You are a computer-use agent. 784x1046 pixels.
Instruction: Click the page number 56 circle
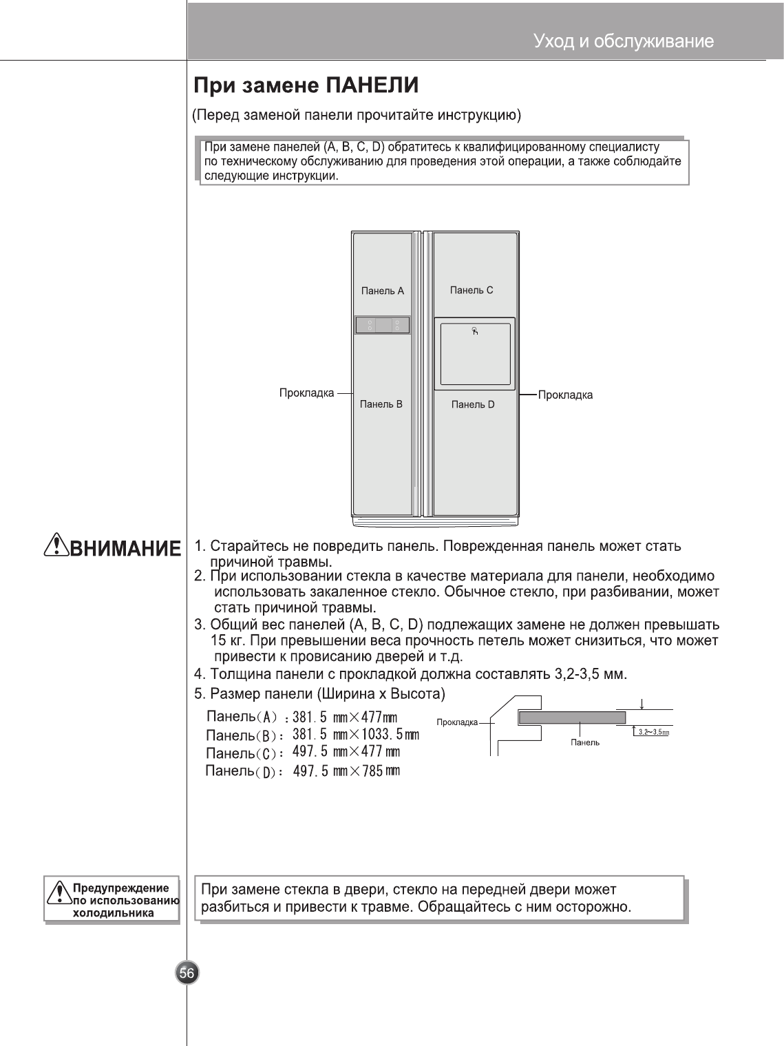[187, 972]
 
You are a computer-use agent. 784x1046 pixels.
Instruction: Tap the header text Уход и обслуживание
[623, 42]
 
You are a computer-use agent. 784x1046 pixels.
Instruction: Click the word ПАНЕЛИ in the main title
[372, 86]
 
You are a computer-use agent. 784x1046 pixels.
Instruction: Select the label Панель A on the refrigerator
[383, 291]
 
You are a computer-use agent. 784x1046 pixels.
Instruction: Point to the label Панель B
[381, 404]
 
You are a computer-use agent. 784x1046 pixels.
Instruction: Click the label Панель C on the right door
[472, 290]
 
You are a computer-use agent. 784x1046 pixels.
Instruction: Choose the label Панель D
[473, 404]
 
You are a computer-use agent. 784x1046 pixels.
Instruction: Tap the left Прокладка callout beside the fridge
[306, 393]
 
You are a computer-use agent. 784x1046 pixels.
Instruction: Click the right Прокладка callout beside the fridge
[565, 395]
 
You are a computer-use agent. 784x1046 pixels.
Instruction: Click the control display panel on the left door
[383, 325]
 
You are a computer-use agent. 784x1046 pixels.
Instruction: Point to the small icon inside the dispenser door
[475, 331]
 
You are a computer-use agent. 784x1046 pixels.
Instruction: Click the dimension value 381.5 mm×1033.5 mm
[356, 735]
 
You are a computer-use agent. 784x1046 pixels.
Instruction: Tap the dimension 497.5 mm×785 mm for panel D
[346, 771]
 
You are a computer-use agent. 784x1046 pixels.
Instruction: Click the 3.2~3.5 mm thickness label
[653, 732]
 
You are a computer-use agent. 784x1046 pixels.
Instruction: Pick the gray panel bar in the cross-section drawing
[571, 718]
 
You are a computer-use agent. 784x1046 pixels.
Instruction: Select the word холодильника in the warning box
[113, 913]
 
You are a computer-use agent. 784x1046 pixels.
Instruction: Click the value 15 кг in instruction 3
[224, 641]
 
